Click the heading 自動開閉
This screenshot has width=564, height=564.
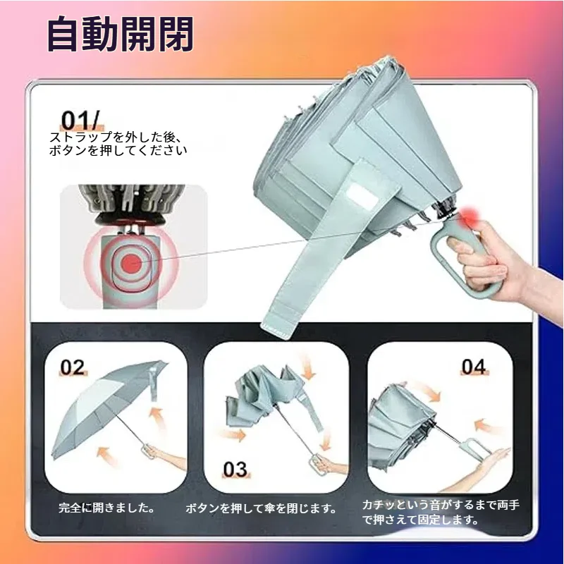120,34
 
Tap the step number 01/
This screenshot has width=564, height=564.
80,120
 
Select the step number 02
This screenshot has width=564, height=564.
73,367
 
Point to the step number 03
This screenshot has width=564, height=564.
235,469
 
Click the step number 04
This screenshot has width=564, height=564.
474,367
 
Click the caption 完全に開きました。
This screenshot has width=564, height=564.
107,508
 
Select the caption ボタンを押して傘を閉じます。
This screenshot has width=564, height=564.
261,508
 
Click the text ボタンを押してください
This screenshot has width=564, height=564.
118,150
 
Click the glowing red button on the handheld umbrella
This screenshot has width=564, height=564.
469,216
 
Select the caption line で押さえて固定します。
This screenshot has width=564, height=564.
420,520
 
